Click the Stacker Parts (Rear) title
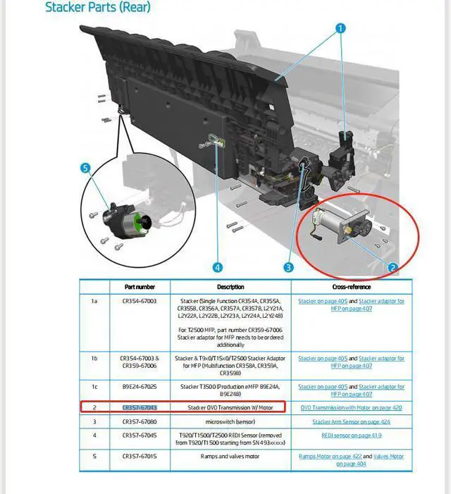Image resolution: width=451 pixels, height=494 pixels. click(x=98, y=8)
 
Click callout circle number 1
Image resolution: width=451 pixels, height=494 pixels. click(x=340, y=29)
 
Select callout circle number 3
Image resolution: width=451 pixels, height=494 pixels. click(x=288, y=267)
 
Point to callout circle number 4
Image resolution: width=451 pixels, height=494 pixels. click(x=217, y=268)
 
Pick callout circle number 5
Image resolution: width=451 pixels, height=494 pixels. click(x=85, y=168)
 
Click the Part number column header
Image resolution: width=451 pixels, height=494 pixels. click(x=140, y=288)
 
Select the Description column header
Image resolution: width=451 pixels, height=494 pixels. click(x=230, y=288)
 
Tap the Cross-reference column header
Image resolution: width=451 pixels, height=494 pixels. click(x=352, y=288)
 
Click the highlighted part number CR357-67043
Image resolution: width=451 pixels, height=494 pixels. click(x=140, y=407)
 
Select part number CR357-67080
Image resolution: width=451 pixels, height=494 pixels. click(x=140, y=421)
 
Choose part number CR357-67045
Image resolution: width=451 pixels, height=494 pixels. click(x=140, y=435)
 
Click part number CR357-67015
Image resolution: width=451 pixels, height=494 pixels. click(x=140, y=456)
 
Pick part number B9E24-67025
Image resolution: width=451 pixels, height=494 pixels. click(x=140, y=387)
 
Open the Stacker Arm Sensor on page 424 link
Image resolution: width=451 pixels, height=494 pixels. click(x=351, y=421)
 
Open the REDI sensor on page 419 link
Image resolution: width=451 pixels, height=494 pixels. click(x=352, y=435)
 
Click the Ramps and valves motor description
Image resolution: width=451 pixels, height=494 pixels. click(x=230, y=456)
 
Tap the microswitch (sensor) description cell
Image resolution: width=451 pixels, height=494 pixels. click(x=230, y=421)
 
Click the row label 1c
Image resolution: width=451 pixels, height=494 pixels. click(x=94, y=387)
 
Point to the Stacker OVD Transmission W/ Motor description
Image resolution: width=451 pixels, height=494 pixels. click(x=230, y=407)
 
